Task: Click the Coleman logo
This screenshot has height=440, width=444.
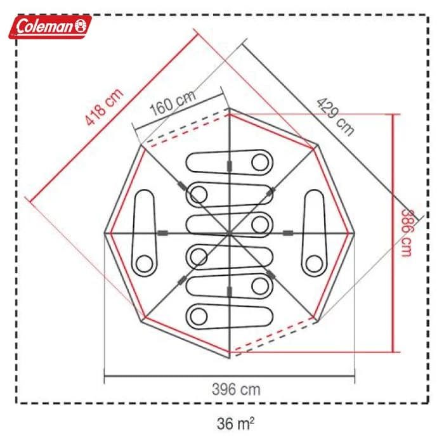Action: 50,27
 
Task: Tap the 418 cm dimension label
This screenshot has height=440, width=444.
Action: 104,107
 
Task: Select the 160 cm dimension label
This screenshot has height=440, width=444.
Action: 173,103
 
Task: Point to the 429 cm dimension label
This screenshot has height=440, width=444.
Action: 335,117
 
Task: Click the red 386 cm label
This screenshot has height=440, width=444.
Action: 407,233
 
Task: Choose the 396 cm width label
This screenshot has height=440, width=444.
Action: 236,390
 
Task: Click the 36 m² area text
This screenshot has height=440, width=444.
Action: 235,424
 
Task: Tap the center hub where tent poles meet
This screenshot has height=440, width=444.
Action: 230,234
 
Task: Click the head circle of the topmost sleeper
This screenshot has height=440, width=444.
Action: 260,163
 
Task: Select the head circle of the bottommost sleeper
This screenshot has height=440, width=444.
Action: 199,316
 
